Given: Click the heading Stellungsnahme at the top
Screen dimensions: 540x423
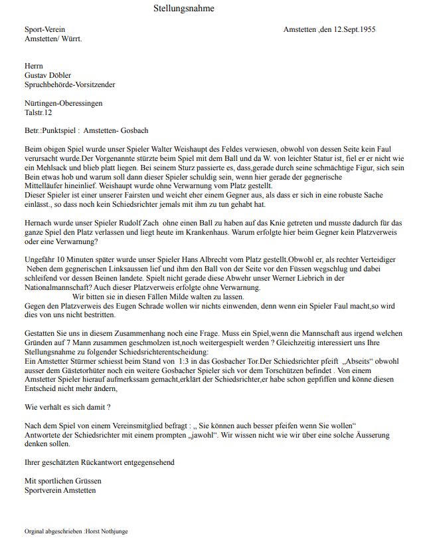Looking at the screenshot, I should (184, 9).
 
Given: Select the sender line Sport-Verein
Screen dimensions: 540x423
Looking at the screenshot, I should (44, 31).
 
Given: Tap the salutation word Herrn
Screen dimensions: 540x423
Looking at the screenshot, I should (34, 67).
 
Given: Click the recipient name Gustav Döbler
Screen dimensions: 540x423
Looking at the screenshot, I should (48, 76).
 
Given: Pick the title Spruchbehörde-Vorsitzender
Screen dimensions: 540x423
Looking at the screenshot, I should (70, 84).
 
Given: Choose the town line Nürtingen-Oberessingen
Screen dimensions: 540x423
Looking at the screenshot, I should (64, 104).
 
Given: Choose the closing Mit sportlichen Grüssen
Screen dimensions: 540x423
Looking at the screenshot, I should (63, 481).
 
